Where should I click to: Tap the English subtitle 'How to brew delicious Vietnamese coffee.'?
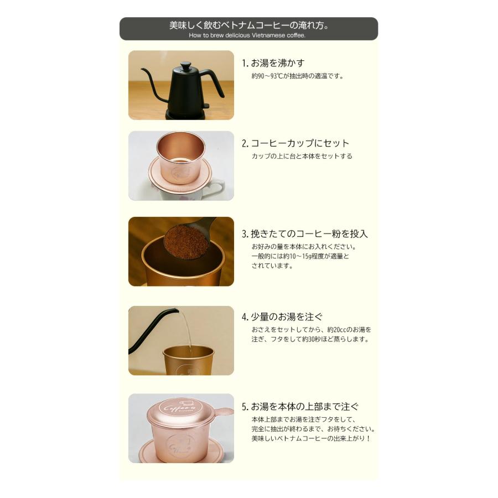click(247, 35)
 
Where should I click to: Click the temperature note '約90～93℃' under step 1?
click(269, 76)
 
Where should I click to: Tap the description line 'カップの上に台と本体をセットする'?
click(302, 157)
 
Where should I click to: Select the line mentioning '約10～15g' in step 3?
click(300, 256)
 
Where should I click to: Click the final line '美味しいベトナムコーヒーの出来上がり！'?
click(310, 438)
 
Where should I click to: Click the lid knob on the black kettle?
click(185, 65)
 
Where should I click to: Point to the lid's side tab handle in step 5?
click(224, 412)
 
